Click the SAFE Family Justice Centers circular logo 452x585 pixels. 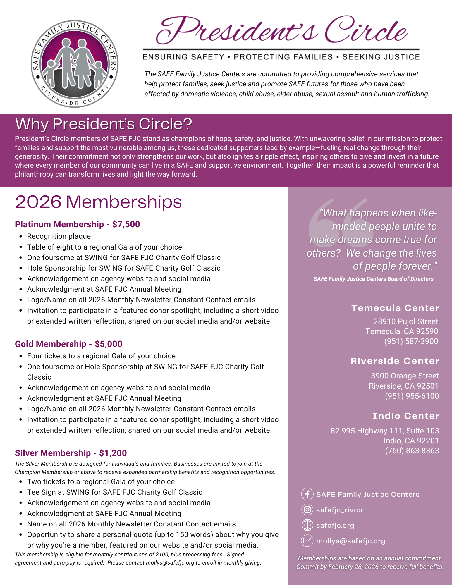point(75,64)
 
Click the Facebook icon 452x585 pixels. point(307,494)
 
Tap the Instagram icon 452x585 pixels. point(307,510)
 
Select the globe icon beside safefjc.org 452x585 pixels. point(307,525)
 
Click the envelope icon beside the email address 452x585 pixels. point(307,541)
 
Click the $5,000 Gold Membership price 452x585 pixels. point(109,344)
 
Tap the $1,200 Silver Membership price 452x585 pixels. point(113,453)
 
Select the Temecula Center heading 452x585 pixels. point(395,308)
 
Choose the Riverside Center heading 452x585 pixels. point(395,361)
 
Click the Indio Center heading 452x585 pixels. point(406,416)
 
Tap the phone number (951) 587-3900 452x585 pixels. point(411,341)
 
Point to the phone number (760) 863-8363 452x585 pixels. point(412,451)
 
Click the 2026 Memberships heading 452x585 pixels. point(98,202)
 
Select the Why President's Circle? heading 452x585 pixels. point(104,124)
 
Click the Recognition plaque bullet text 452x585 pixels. point(59,236)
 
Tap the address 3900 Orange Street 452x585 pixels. point(405,376)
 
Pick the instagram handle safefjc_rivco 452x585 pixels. point(339,510)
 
